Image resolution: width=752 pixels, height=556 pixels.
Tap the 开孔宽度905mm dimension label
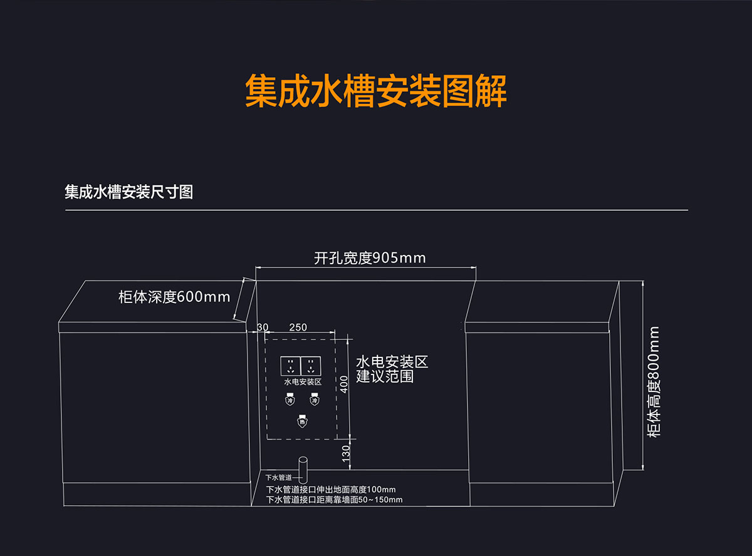[x=370, y=258]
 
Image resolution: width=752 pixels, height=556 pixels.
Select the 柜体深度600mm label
[x=174, y=297]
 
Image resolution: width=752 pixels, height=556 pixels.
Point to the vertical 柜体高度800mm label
[x=654, y=381]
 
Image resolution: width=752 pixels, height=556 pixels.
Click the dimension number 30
[x=263, y=327]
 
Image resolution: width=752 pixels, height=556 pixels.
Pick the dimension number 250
[x=298, y=327]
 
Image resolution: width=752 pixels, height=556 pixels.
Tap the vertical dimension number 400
[x=344, y=383]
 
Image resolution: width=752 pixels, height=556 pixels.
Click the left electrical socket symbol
[x=290, y=366]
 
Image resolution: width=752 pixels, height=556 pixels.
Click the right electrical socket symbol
[x=311, y=366]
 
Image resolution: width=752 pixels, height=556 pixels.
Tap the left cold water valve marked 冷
[x=290, y=399]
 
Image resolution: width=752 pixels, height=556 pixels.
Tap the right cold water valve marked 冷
[x=314, y=399]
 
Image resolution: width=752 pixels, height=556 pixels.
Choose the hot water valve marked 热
[x=302, y=421]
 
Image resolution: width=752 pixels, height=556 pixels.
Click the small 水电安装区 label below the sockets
[x=303, y=381]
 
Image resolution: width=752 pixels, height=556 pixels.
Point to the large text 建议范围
[x=385, y=376]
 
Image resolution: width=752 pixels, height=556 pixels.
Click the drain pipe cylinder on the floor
[x=303, y=468]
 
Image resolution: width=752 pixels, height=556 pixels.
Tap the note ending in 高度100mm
[x=331, y=489]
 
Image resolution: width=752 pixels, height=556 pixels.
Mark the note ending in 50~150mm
[x=334, y=500]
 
